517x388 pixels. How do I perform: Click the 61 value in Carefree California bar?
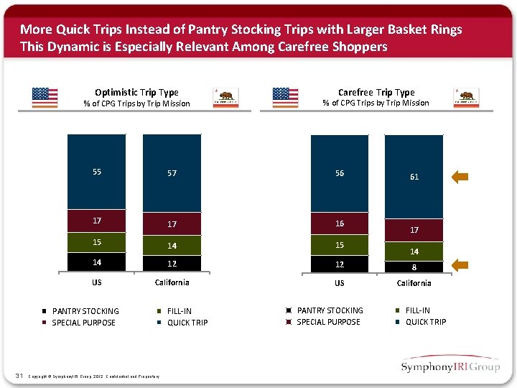click(x=414, y=177)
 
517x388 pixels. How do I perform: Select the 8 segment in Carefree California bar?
click(x=414, y=267)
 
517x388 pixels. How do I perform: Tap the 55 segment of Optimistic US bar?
click(x=96, y=172)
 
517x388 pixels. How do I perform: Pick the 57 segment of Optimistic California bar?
click(x=172, y=173)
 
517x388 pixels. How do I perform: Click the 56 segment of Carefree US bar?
click(x=340, y=173)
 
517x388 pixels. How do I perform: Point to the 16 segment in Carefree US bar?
click(x=340, y=223)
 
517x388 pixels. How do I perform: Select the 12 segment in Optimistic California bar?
click(x=172, y=264)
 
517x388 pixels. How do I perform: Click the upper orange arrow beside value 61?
click(x=460, y=177)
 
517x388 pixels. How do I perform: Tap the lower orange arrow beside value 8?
click(x=460, y=265)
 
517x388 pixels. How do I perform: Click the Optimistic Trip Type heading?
click(x=136, y=92)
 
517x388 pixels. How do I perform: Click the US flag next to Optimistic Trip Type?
click(x=45, y=97)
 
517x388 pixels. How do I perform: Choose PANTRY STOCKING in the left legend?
click(x=85, y=311)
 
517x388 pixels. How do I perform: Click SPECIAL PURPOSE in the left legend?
click(x=83, y=323)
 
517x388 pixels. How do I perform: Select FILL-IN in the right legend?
click(x=417, y=310)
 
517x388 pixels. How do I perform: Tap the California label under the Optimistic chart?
click(x=172, y=282)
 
